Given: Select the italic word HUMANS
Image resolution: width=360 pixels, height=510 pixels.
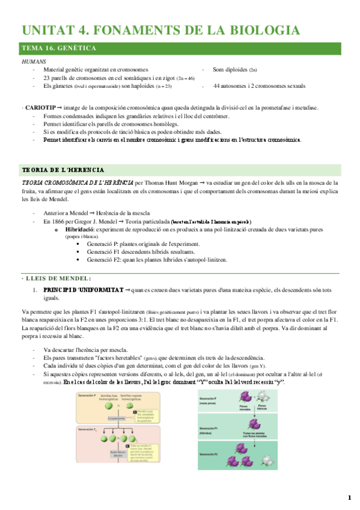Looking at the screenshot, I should coord(32,61).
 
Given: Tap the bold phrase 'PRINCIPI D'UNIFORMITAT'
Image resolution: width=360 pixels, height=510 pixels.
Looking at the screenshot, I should coord(82,290).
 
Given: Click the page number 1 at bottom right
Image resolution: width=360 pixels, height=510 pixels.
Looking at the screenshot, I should coord(349,497).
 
